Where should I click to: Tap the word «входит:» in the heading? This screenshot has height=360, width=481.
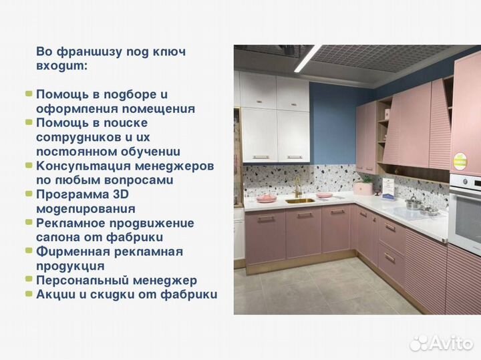pyautogui.click(x=61, y=67)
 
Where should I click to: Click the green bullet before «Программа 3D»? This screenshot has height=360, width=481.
pyautogui.click(x=29, y=194)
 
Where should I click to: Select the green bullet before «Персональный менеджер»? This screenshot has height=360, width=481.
pyautogui.click(x=29, y=281)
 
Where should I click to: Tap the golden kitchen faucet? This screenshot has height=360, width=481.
pyautogui.click(x=297, y=186)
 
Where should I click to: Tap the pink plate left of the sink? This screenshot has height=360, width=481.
pyautogui.click(x=267, y=198)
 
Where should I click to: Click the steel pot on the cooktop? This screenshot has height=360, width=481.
pyautogui.click(x=414, y=204)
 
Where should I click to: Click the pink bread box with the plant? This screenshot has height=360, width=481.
pyautogui.click(x=363, y=188)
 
